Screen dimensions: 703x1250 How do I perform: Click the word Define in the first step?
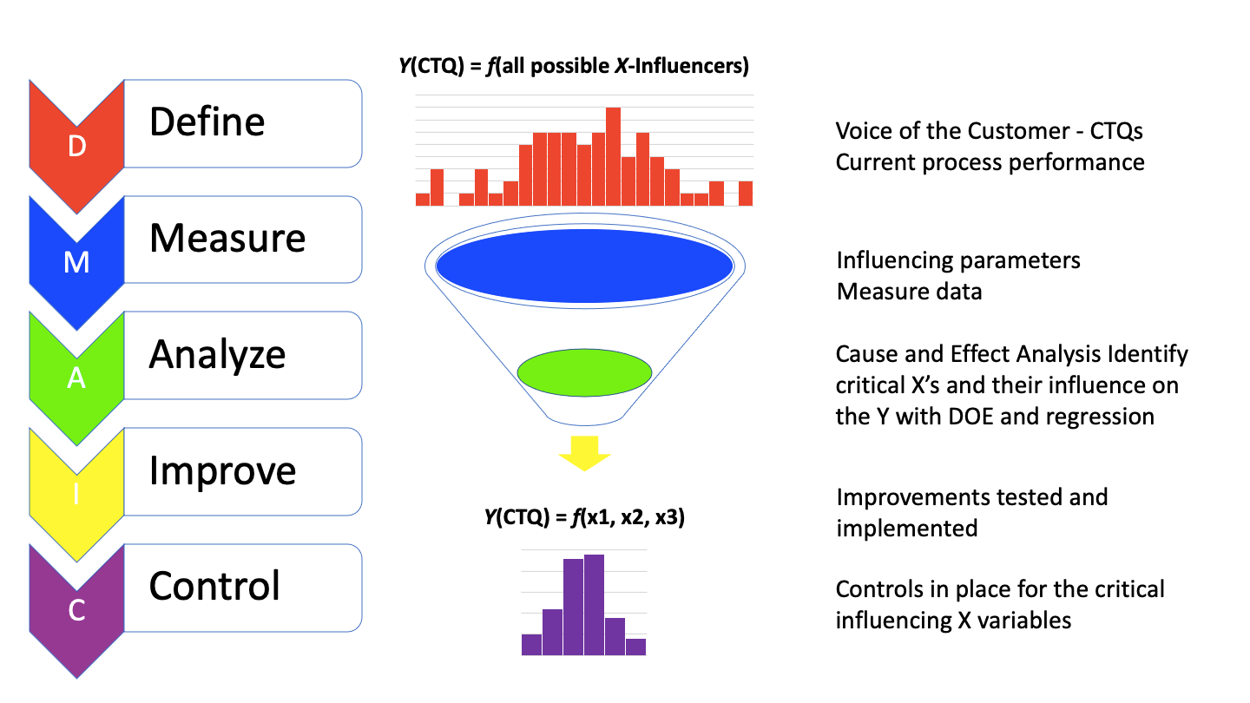(x=207, y=122)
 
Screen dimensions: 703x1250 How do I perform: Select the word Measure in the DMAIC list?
(x=227, y=238)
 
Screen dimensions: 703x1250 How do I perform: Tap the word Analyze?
(x=217, y=354)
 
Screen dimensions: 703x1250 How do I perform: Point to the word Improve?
(x=222, y=470)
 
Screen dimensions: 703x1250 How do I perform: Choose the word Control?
(x=214, y=586)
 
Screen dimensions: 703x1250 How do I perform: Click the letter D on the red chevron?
(x=76, y=148)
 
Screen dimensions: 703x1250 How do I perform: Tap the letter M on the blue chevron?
(x=76, y=262)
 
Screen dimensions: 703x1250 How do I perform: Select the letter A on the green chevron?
(x=76, y=379)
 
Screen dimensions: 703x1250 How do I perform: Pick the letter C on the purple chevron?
(x=76, y=612)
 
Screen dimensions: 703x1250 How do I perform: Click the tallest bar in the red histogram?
(x=613, y=157)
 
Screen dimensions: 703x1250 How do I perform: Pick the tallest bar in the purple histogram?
(x=594, y=605)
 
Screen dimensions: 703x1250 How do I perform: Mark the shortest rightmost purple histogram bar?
(x=635, y=647)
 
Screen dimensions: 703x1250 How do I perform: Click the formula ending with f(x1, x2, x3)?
(x=584, y=518)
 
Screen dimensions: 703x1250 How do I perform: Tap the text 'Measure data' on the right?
(x=909, y=291)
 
